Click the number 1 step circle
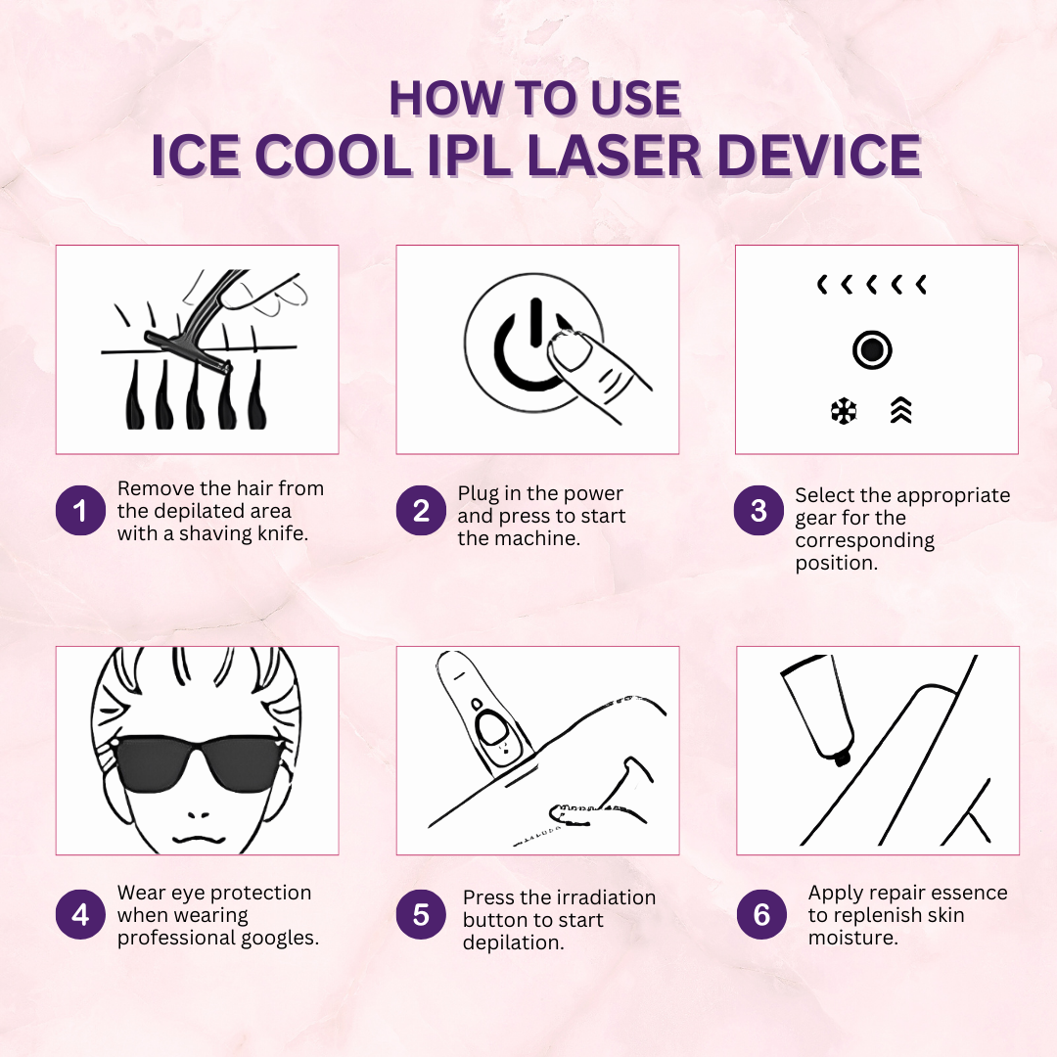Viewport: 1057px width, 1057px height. click(x=80, y=511)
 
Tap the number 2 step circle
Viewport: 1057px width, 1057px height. click(x=421, y=511)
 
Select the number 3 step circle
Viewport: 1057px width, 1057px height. click(x=759, y=511)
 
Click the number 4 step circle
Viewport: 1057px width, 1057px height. click(x=80, y=914)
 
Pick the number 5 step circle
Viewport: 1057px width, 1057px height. click(x=421, y=914)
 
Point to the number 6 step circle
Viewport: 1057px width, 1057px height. click(x=761, y=914)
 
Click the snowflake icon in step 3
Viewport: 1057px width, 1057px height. click(x=843, y=412)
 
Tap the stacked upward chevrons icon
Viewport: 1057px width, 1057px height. click(x=901, y=412)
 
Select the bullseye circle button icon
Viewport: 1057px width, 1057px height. click(x=871, y=349)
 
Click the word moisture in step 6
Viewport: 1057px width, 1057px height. click(x=853, y=938)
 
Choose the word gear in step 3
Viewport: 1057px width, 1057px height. click(x=815, y=518)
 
